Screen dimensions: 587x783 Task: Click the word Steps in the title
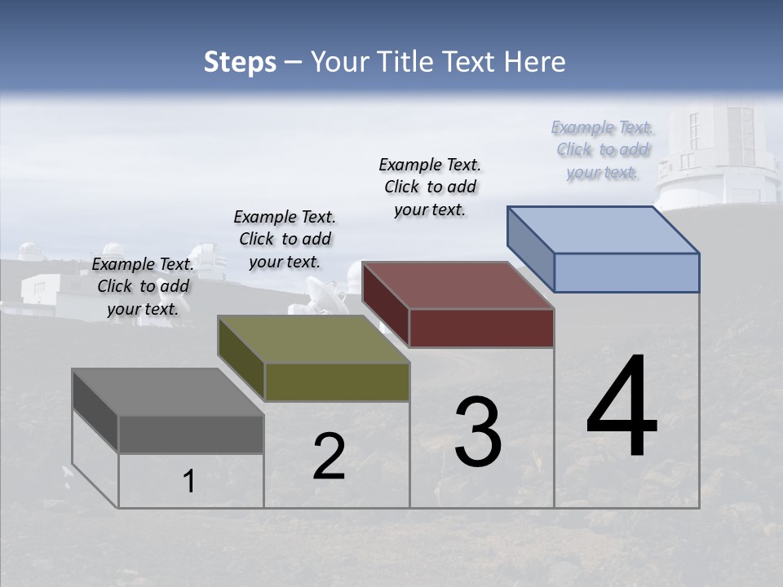[239, 62]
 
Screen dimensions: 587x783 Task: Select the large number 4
[622, 408]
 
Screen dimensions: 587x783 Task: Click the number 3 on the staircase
[478, 432]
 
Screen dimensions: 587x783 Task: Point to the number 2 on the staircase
[329, 457]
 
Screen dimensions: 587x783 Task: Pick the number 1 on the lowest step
[189, 482]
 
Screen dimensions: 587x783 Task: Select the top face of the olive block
[313, 339]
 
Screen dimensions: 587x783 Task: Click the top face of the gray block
[168, 392]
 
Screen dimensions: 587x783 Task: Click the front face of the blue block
[626, 272]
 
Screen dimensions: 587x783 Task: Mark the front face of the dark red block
[481, 328]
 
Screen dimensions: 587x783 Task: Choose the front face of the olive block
[336, 382]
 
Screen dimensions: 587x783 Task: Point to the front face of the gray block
[191, 435]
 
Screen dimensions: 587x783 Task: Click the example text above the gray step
[143, 286]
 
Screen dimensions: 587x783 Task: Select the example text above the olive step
[285, 239]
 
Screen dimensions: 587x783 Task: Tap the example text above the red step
[430, 187]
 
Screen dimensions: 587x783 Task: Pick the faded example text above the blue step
[602, 149]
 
